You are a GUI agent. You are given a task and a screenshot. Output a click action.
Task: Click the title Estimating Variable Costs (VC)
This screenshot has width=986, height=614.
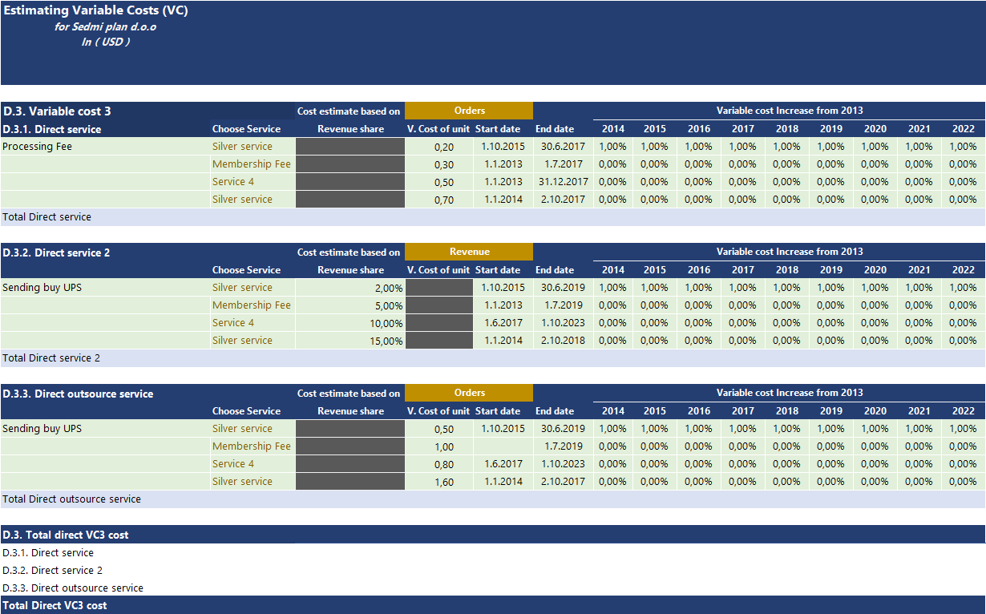pyautogui.click(x=96, y=11)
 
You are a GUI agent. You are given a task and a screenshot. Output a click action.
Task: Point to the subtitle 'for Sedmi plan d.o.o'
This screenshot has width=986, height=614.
pyautogui.click(x=106, y=26)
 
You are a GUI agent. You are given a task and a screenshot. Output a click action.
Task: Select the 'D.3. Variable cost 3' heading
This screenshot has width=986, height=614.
pyautogui.click(x=57, y=111)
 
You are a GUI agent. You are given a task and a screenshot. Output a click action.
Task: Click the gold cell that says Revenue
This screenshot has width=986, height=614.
pyautogui.click(x=469, y=252)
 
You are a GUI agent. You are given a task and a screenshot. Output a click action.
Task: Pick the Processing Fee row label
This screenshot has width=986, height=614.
pyautogui.click(x=38, y=147)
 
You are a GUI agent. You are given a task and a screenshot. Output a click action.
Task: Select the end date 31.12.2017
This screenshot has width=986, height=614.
pyautogui.click(x=564, y=182)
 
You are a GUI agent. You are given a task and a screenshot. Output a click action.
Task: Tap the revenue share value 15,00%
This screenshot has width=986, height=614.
pyautogui.click(x=386, y=341)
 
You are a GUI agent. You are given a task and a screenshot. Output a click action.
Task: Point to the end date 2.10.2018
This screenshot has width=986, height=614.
pyautogui.click(x=563, y=341)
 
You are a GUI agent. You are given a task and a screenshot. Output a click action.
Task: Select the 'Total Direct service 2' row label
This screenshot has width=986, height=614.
pyautogui.click(x=51, y=358)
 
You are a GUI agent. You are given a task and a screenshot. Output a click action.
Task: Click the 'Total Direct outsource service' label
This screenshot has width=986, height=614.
pyautogui.click(x=72, y=499)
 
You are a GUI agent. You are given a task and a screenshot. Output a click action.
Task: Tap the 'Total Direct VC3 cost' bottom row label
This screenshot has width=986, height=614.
pyautogui.click(x=55, y=605)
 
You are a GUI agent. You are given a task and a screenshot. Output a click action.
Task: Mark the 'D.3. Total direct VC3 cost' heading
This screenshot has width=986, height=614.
pyautogui.click(x=66, y=535)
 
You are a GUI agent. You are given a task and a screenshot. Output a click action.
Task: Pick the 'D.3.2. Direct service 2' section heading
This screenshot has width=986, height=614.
pyautogui.click(x=57, y=252)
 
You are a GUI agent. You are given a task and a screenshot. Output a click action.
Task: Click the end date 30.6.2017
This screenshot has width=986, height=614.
pyautogui.click(x=563, y=147)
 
